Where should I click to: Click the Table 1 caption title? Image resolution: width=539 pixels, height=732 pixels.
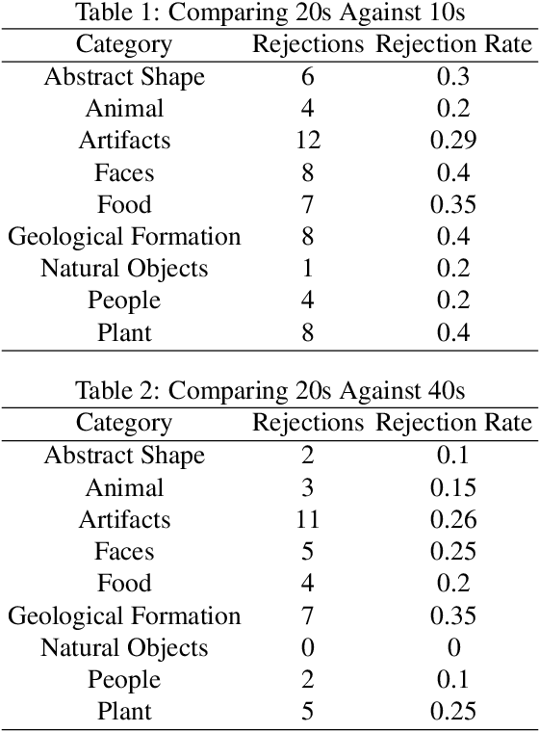click(269, 13)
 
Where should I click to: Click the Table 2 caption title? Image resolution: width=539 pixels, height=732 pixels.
click(269, 392)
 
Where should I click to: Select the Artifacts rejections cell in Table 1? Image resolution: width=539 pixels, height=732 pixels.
click(307, 141)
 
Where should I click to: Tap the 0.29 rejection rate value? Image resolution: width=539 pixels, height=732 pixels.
click(453, 141)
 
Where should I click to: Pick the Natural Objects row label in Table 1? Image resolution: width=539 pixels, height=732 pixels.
click(124, 269)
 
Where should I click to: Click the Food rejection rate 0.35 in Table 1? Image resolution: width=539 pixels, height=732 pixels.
click(453, 205)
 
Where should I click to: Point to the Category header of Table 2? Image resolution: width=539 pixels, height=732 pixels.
click(124, 423)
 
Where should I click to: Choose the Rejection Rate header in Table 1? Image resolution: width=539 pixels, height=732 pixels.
click(453, 44)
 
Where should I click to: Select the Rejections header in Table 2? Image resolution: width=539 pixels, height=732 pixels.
click(307, 423)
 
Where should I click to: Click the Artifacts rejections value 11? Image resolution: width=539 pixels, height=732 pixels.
click(307, 520)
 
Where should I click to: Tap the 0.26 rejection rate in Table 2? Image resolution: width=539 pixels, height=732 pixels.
click(453, 520)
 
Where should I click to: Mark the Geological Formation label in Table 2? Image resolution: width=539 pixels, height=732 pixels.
click(124, 616)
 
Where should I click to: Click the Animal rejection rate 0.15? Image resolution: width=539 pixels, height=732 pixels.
click(453, 488)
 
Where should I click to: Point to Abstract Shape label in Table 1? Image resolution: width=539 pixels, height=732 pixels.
click(124, 77)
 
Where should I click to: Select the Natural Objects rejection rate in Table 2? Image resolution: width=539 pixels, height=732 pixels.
click(453, 648)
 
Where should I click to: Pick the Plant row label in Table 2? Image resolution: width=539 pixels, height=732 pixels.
click(124, 713)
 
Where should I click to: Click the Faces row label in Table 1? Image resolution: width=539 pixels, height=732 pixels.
click(124, 173)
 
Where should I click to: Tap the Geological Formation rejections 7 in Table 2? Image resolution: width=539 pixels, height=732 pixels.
click(307, 616)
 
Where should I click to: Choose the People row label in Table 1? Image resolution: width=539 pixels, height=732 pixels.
click(124, 301)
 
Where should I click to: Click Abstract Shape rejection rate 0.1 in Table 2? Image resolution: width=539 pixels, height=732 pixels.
click(453, 456)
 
